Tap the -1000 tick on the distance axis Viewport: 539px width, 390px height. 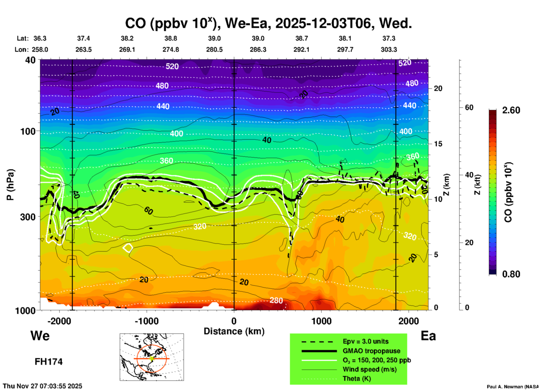[x=147, y=321]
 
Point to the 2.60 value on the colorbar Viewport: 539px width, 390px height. [x=511, y=110]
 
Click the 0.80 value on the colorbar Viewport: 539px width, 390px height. [x=511, y=274]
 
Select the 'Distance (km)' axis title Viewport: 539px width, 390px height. [x=234, y=331]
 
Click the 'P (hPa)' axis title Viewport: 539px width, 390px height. [x=10, y=185]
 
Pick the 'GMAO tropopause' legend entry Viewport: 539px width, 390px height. [x=371, y=351]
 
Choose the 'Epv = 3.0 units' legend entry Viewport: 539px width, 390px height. [x=365, y=341]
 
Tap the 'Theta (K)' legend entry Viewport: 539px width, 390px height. [x=357, y=379]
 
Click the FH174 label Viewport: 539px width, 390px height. [x=48, y=362]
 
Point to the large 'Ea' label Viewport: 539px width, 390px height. [x=428, y=336]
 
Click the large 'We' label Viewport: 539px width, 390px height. [x=40, y=335]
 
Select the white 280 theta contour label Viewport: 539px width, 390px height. [x=276, y=300]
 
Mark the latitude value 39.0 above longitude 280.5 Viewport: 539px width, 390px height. [x=214, y=38]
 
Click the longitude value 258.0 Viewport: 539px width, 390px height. [x=40, y=50]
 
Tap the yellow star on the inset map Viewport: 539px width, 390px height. [x=152, y=358]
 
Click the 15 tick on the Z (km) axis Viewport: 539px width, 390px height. [x=438, y=144]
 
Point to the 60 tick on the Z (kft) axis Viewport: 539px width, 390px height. [x=469, y=107]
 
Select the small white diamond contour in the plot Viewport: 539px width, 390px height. [x=128, y=248]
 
